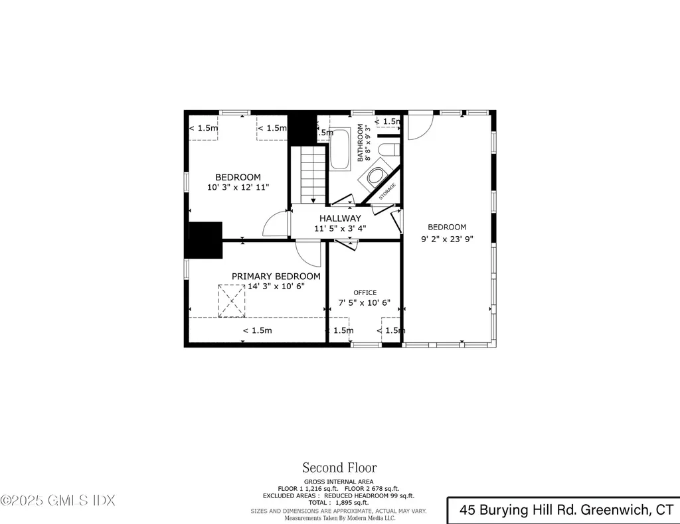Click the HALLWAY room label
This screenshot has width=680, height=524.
[340, 218]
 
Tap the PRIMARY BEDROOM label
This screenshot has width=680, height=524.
[276, 276]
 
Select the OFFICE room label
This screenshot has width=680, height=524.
[365, 293]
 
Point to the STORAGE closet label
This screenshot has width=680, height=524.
[387, 192]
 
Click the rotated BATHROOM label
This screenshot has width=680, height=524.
[361, 143]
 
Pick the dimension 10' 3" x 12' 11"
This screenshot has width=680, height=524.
[238, 188]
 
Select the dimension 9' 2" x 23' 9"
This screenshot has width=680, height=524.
[447, 239]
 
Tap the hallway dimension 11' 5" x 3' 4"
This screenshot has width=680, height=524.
[340, 229]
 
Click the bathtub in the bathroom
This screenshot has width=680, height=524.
[341, 149]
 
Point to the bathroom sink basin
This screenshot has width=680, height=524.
[376, 177]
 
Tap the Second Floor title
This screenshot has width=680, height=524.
[339, 468]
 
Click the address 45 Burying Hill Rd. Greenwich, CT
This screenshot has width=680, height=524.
[566, 510]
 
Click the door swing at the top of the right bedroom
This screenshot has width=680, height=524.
[418, 126]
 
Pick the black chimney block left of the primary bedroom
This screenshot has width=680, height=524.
[205, 241]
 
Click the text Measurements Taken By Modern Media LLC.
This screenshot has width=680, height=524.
[339, 518]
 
